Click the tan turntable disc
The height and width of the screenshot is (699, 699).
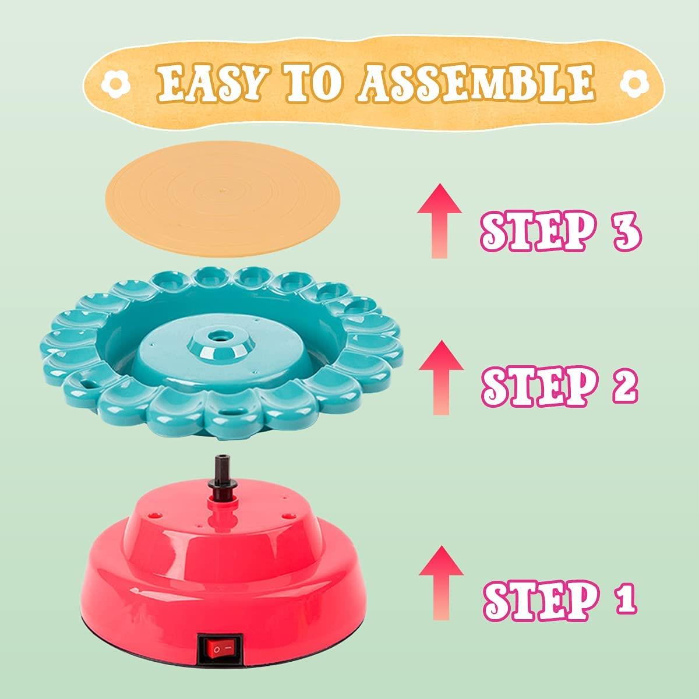(x=224, y=199)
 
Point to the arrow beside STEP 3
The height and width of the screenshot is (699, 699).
(x=440, y=221)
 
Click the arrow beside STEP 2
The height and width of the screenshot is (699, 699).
(x=441, y=377)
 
